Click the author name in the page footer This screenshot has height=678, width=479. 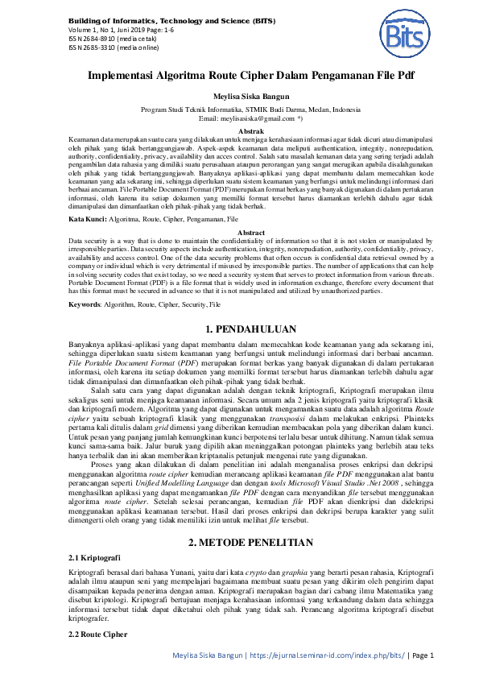point(208,655)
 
